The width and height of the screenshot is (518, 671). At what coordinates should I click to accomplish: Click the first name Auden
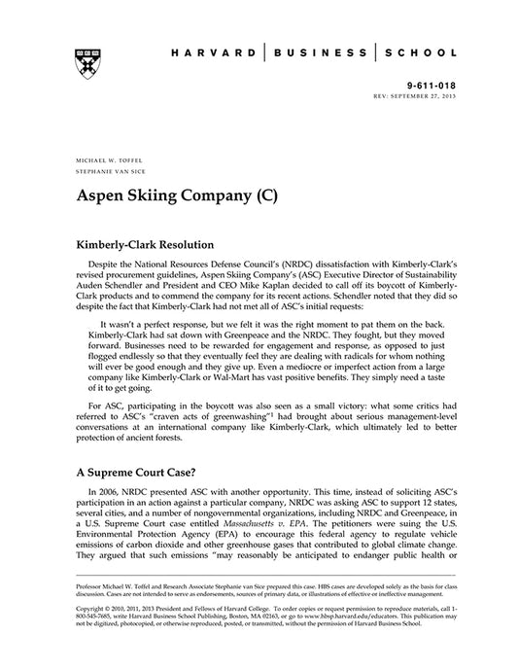[93, 289]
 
